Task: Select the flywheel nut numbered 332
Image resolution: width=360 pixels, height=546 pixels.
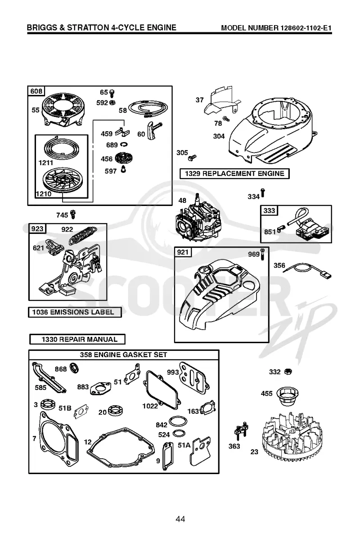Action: (288, 372)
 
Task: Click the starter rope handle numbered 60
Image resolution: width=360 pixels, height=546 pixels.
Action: (153, 130)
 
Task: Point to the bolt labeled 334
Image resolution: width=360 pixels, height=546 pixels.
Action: (262, 193)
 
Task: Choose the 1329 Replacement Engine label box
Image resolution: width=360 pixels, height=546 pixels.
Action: (234, 174)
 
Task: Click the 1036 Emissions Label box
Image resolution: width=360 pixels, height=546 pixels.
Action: (75, 312)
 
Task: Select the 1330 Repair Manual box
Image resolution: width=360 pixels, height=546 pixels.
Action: (77, 339)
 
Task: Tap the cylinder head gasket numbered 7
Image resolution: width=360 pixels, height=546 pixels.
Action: (58, 439)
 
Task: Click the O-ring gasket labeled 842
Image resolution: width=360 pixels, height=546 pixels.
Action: (178, 421)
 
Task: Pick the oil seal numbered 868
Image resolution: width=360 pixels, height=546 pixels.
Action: (74, 368)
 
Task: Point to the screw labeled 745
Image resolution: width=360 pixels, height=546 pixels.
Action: (73, 214)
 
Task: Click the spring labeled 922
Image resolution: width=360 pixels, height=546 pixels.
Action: (83, 235)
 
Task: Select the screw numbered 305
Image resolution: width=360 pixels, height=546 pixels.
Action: (192, 158)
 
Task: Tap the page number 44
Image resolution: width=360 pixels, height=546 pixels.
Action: (180, 519)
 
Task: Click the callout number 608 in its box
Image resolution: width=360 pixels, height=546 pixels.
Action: (36, 91)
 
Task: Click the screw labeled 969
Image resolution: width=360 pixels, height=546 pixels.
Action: (262, 255)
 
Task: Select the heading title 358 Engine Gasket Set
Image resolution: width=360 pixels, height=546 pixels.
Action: (124, 355)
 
